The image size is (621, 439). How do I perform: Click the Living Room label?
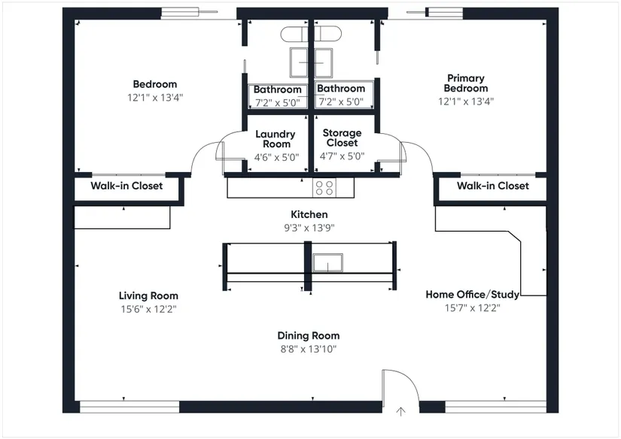click(x=148, y=296)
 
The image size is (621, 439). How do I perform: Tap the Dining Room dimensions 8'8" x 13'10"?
click(x=309, y=349)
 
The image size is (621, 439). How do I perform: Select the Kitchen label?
click(x=309, y=214)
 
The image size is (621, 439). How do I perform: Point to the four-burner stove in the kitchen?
click(x=324, y=187)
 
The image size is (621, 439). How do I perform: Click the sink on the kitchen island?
click(x=328, y=263)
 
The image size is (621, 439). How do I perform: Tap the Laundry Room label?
click(x=275, y=139)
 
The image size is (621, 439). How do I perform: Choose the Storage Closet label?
click(x=342, y=138)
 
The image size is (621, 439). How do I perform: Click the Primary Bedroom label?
click(x=466, y=83)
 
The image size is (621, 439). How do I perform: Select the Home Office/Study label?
click(x=473, y=295)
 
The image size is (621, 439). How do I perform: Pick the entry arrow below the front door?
click(x=400, y=412)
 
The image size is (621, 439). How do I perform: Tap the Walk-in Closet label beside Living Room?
click(x=126, y=186)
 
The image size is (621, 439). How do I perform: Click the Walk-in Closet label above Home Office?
click(x=493, y=186)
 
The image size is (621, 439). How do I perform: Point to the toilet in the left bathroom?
click(x=294, y=35)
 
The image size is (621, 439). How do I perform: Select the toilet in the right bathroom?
click(x=327, y=34)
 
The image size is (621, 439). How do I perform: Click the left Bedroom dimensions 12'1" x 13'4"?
click(x=155, y=97)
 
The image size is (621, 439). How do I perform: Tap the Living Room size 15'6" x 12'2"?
click(x=148, y=309)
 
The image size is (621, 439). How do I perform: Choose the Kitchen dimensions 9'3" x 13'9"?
click(x=309, y=228)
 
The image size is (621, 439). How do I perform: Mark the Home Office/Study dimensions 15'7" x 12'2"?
click(x=473, y=307)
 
